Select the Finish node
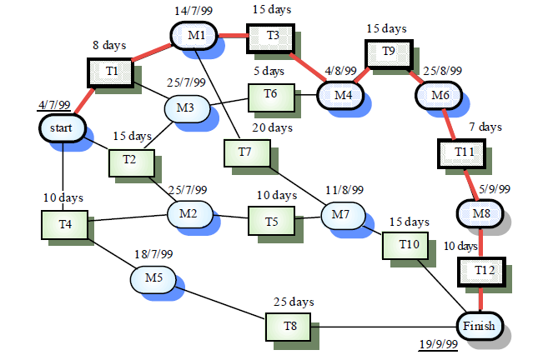tap(480, 325)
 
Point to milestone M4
tap(343, 96)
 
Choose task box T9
tap(388, 52)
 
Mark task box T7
tap(244, 152)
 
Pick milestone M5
tap(153, 277)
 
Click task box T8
tap(289, 326)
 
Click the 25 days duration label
tap(294, 302)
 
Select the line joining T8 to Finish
tap(384, 326)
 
